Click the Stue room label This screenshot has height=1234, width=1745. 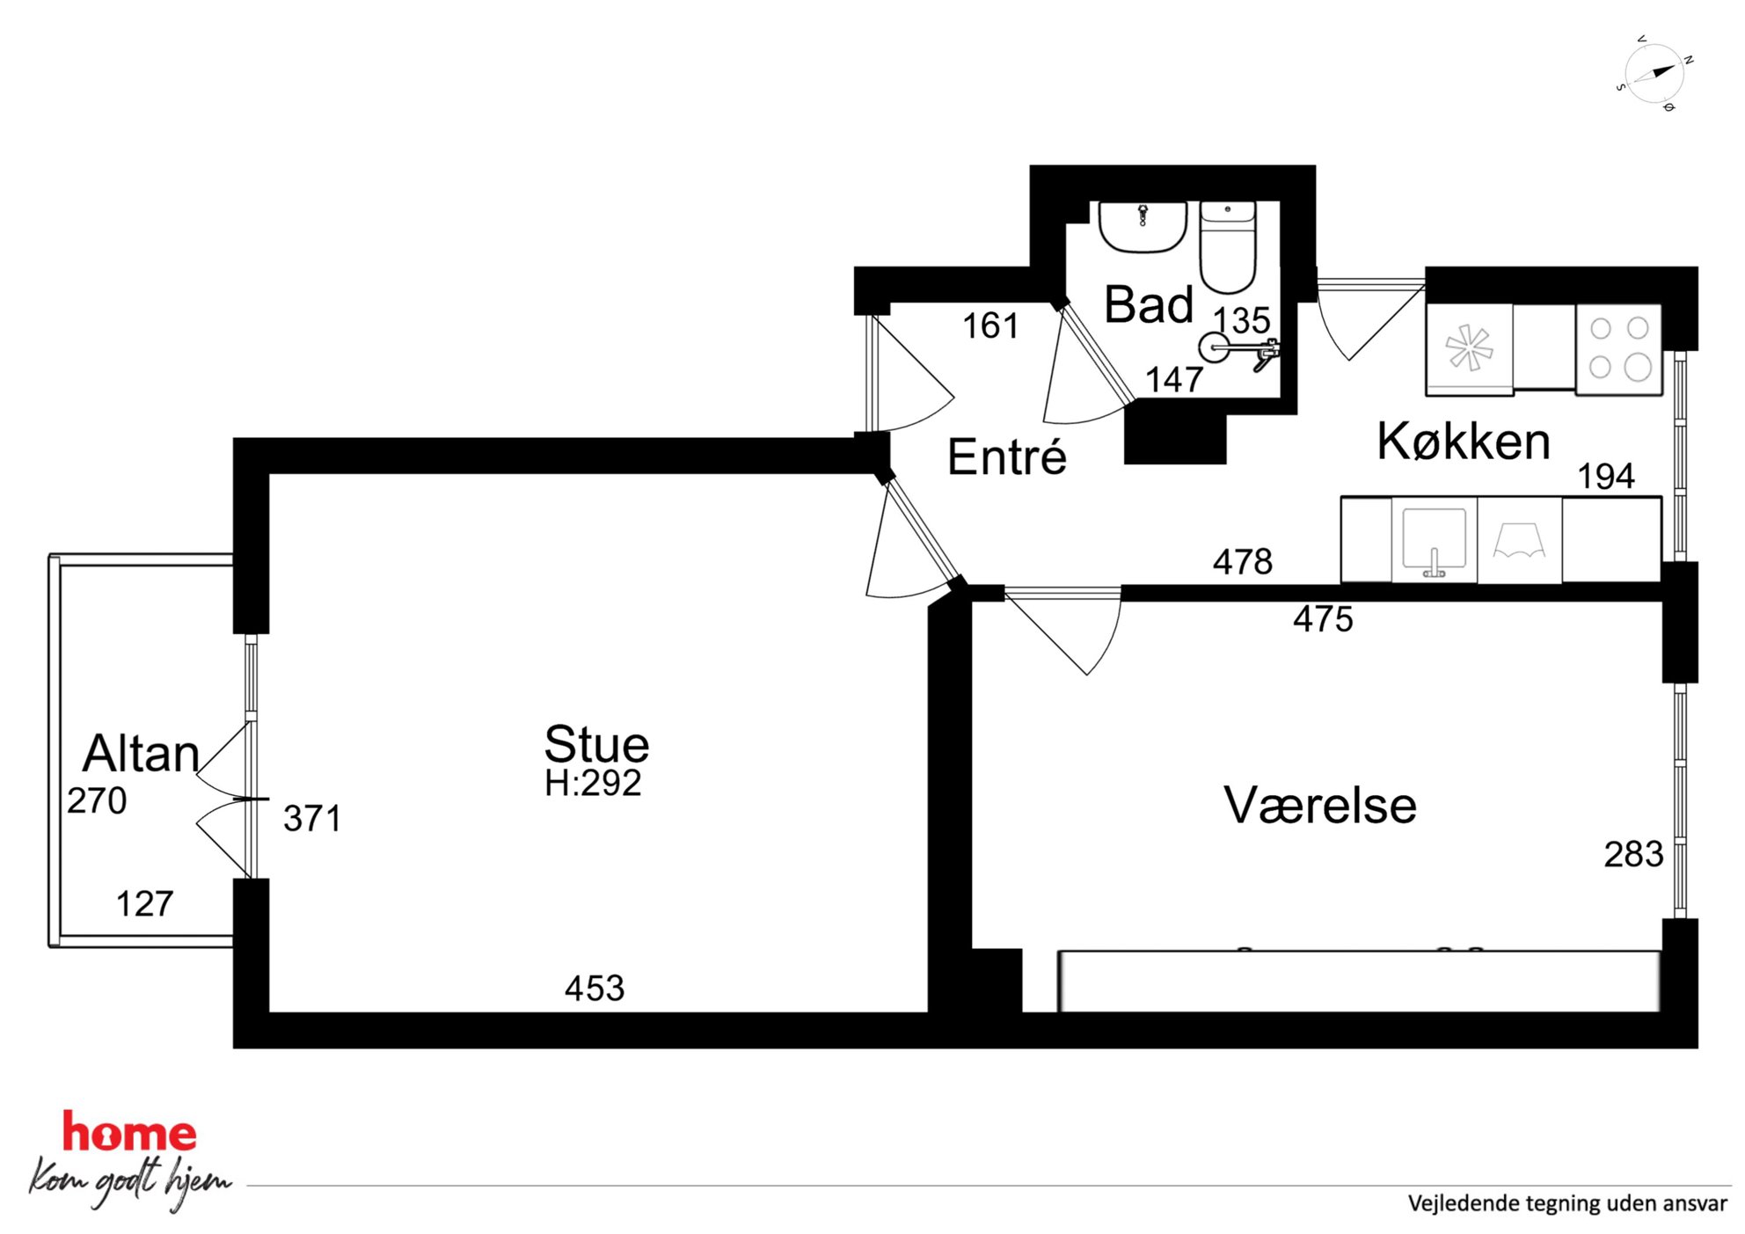pos(596,744)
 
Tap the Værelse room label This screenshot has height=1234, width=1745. pos(1319,805)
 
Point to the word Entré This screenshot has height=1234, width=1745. pos(1007,456)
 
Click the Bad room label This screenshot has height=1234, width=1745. pos(1149,304)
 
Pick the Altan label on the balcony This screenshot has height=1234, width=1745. pos(141,753)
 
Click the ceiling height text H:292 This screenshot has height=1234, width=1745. pos(593,783)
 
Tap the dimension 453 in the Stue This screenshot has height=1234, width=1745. pos(595,989)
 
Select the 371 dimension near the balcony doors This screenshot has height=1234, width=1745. pos(312,819)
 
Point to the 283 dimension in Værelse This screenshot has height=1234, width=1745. pos(1633,854)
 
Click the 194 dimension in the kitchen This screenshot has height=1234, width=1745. pos(1606,477)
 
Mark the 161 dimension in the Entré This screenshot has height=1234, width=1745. pos(990,326)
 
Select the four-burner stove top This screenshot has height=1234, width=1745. pos(1619,349)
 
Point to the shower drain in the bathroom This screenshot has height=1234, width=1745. pos(1214,347)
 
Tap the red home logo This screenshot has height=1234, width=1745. pos(129,1132)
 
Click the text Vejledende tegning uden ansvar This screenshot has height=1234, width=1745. pos(1567,1204)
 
